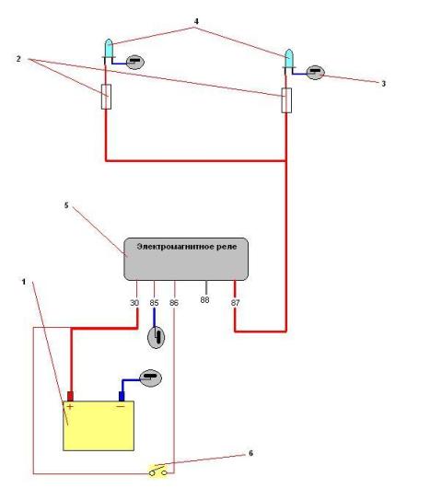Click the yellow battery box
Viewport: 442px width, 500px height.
99,426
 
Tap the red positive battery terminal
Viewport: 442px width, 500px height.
70,396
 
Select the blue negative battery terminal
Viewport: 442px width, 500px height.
122,396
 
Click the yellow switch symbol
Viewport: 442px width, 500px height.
158,471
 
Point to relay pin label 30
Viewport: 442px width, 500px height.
134,303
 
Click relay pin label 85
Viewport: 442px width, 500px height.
154,303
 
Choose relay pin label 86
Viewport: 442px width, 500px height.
174,303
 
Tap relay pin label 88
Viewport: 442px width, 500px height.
204,300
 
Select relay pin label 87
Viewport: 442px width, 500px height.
235,303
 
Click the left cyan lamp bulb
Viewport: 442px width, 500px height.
109,48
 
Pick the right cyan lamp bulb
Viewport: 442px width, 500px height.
289,58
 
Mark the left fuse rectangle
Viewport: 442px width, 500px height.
107,97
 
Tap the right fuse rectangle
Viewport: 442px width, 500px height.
286,100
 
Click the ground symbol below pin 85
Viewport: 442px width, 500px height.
156,338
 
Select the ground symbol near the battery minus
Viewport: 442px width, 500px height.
151,378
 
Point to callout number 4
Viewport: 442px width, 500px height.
196,21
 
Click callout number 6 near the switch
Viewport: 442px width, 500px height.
250,453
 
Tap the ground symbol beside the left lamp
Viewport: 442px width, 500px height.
135,63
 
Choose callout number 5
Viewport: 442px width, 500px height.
66,205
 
